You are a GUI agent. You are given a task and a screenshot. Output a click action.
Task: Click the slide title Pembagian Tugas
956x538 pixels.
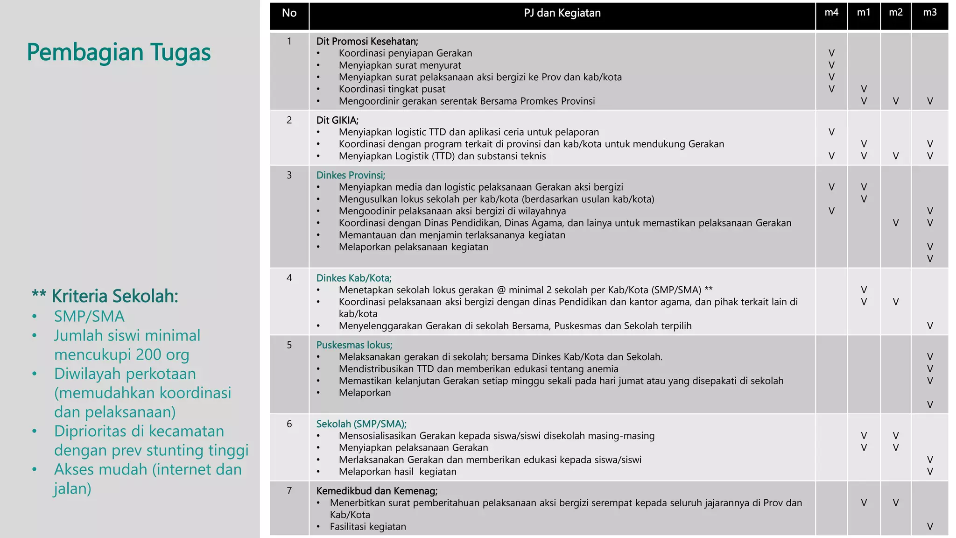(x=119, y=52)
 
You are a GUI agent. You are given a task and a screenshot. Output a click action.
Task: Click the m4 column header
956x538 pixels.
(x=831, y=13)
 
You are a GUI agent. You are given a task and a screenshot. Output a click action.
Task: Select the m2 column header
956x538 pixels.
(x=895, y=13)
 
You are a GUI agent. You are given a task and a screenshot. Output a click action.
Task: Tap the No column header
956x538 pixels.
(x=289, y=13)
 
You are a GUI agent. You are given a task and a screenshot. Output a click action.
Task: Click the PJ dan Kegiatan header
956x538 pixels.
(x=562, y=13)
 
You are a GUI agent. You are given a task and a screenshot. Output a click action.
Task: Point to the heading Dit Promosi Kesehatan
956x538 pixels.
(x=367, y=41)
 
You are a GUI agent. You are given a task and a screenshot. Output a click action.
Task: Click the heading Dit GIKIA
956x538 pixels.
(x=337, y=120)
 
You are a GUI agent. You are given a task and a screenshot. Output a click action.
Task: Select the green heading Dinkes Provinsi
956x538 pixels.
(x=351, y=175)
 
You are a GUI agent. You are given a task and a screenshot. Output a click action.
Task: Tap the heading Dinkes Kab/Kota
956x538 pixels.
(x=354, y=278)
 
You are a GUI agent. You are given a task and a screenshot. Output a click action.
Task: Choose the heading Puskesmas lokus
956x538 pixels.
(x=354, y=345)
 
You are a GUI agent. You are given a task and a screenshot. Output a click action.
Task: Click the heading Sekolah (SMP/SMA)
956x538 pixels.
(x=361, y=424)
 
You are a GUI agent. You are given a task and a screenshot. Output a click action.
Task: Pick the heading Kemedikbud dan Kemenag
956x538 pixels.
(x=377, y=491)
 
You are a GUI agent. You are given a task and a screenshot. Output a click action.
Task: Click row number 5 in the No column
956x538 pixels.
(x=289, y=345)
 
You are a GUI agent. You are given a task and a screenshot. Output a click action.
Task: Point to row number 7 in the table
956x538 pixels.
(x=289, y=491)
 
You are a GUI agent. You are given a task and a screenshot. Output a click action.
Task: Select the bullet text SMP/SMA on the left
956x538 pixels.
(x=89, y=317)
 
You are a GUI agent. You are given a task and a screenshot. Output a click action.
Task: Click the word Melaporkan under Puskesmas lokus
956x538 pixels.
(x=365, y=393)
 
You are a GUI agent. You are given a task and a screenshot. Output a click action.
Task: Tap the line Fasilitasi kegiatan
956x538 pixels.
(x=368, y=527)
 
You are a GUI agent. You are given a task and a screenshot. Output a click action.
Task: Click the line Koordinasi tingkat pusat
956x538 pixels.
(x=392, y=89)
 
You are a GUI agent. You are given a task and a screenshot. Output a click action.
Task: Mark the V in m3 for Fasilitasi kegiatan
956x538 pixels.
(x=929, y=527)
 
